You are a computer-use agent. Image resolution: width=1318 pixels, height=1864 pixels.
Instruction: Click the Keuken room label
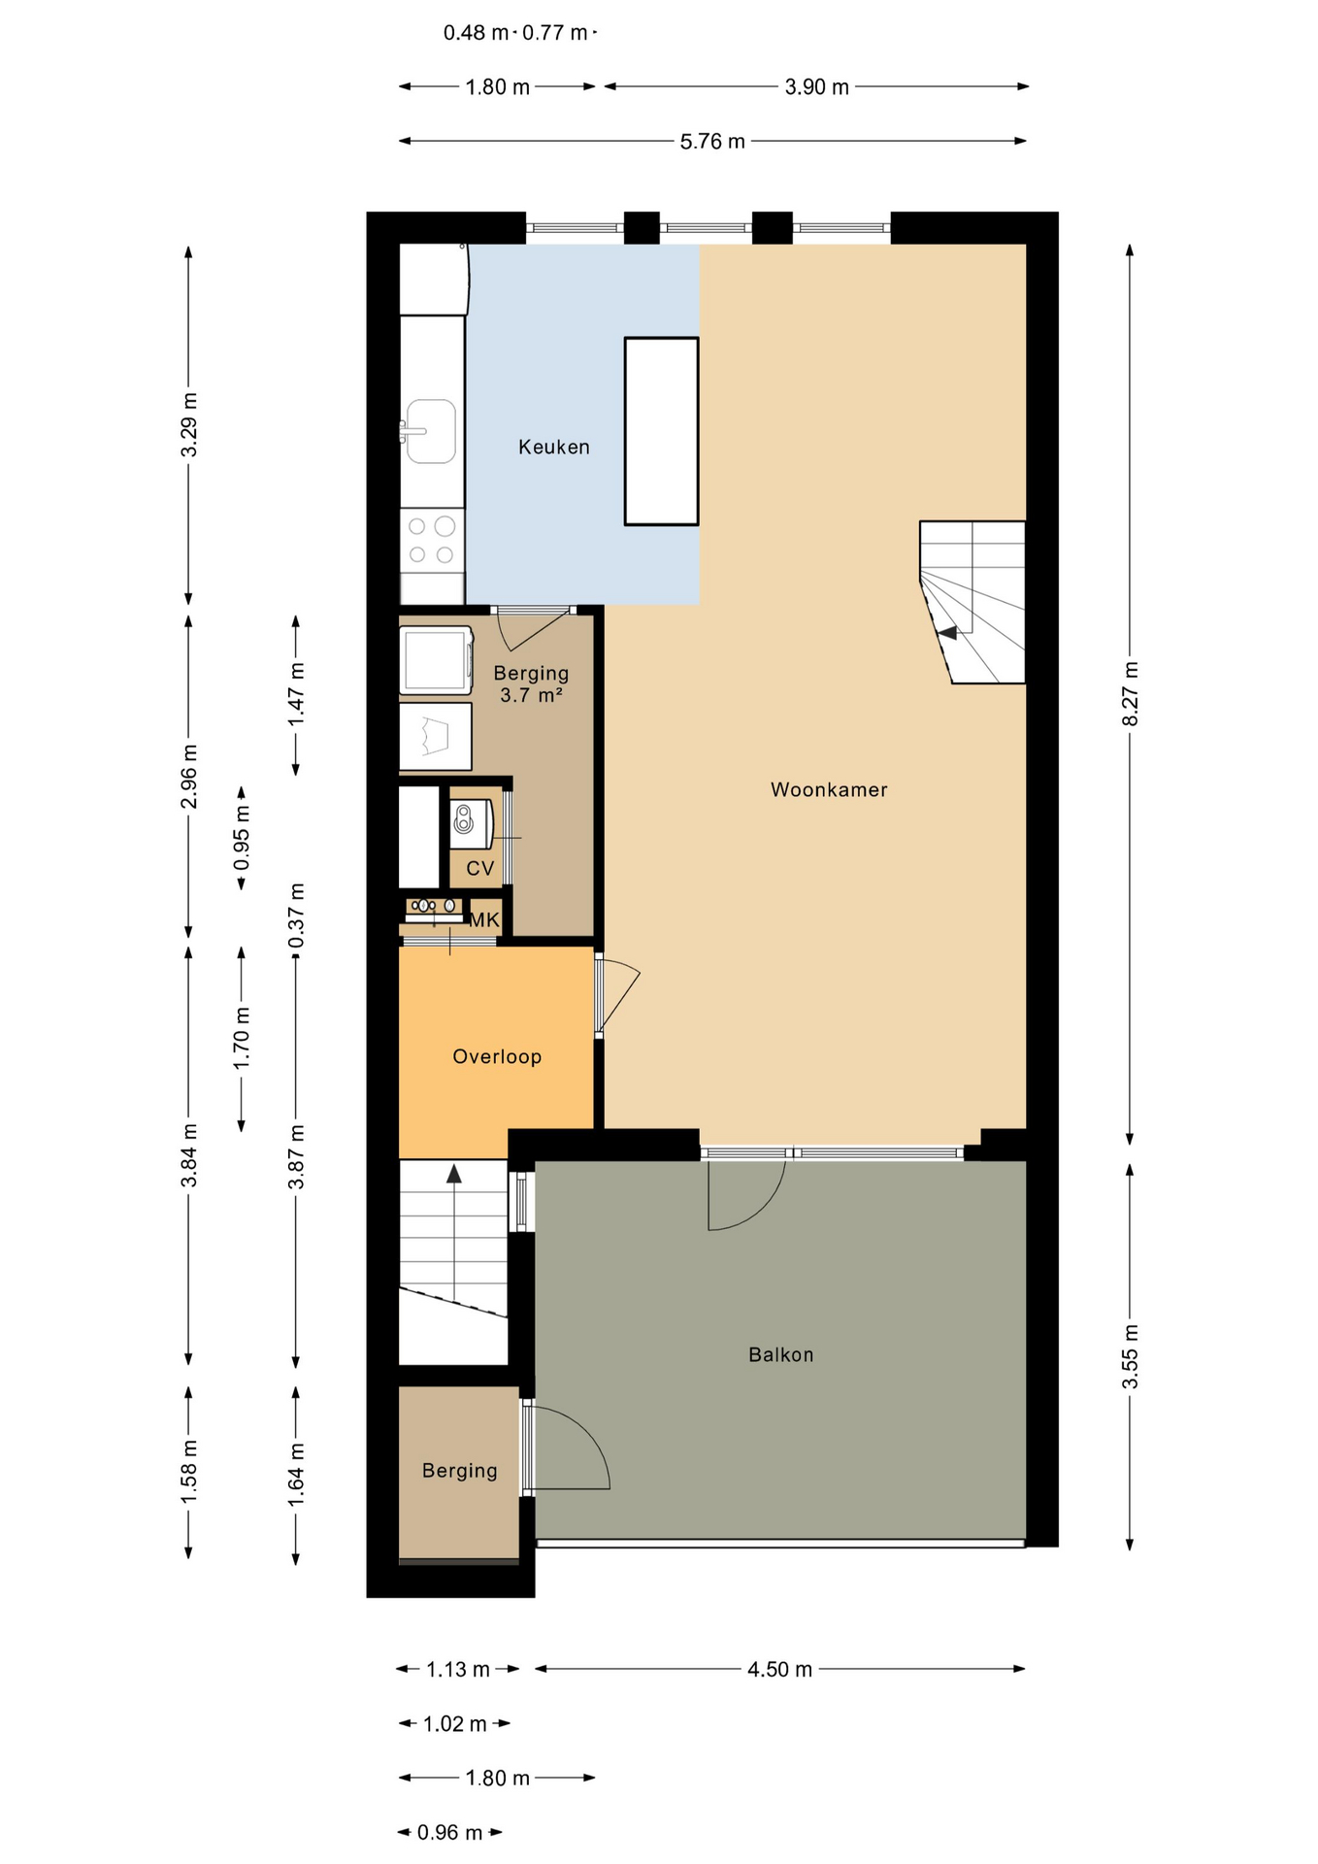click(554, 448)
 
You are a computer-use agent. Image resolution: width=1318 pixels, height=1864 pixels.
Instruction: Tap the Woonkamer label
click(829, 790)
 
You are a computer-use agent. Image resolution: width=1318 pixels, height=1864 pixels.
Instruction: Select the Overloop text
click(497, 1057)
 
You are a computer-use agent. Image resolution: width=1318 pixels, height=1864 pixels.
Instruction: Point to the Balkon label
click(781, 1355)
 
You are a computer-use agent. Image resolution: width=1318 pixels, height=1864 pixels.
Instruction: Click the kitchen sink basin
click(431, 431)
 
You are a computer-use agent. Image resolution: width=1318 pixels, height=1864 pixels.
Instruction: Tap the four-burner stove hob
click(432, 540)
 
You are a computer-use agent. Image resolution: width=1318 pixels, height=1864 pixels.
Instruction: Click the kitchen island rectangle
click(661, 431)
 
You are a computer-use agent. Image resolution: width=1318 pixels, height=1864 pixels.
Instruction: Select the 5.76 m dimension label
click(712, 142)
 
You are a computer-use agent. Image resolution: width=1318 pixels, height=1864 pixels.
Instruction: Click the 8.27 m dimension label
click(1131, 693)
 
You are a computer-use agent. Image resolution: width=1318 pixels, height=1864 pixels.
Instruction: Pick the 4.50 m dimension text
click(779, 1670)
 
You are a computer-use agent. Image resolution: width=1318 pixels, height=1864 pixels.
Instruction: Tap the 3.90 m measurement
click(817, 87)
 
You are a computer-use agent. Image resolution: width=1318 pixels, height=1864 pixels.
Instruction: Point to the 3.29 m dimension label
click(189, 425)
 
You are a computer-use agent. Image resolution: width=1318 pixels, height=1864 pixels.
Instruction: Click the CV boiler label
click(480, 869)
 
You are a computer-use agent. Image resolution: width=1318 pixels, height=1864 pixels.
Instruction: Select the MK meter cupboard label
click(484, 920)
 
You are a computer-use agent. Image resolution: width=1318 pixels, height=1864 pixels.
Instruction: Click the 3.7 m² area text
click(532, 695)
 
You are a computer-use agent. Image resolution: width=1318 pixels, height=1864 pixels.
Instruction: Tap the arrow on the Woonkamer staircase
click(948, 633)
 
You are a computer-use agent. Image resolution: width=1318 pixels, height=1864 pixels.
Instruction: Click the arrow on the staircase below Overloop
click(454, 1174)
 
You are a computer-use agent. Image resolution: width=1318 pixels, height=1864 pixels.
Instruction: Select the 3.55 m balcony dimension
click(1131, 1356)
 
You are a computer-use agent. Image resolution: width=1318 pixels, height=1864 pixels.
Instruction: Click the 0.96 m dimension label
click(449, 1833)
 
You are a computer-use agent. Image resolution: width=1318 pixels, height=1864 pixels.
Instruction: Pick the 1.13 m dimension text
click(458, 1670)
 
